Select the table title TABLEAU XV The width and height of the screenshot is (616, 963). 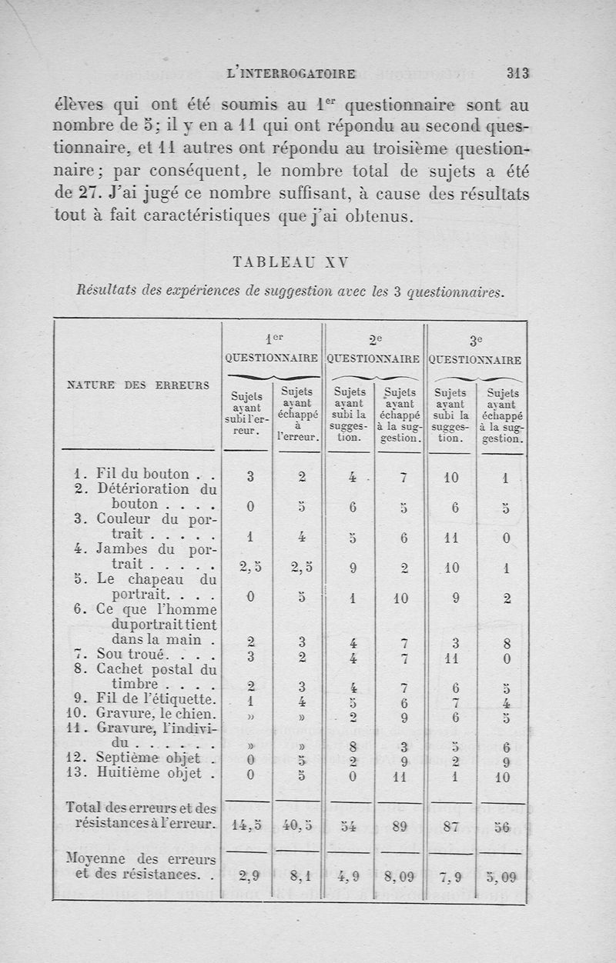pos(291,262)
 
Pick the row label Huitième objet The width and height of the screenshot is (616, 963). pos(146,774)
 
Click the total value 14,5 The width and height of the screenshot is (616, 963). pos(247,827)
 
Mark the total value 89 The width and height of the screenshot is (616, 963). pos(399,827)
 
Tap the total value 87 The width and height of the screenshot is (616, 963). pos(452,827)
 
